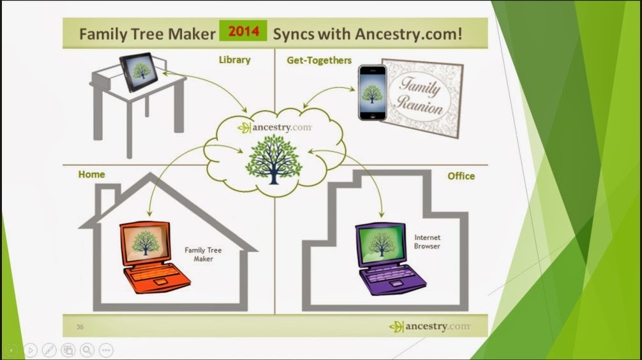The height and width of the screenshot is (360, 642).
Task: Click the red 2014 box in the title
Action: click(243, 31)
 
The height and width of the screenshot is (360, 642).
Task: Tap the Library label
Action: click(234, 60)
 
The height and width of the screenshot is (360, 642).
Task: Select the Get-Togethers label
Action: click(319, 60)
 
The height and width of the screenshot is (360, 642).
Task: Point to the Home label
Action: click(91, 174)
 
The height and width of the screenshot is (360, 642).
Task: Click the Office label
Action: click(461, 176)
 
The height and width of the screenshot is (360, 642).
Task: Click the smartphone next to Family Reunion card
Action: click(372, 93)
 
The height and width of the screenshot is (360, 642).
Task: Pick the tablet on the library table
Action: click(138, 71)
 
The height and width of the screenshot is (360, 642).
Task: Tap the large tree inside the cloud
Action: click(273, 159)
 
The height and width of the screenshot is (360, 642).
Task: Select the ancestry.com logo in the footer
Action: click(429, 326)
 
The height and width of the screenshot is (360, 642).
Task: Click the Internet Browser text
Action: click(427, 241)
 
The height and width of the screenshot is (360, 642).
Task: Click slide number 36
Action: click(80, 327)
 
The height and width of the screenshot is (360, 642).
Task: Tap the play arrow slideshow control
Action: click(30, 350)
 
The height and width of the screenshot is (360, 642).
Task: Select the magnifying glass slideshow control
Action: click(87, 350)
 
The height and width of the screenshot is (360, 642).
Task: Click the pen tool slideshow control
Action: click(49, 350)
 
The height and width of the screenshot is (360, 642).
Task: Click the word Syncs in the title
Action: click(297, 34)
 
